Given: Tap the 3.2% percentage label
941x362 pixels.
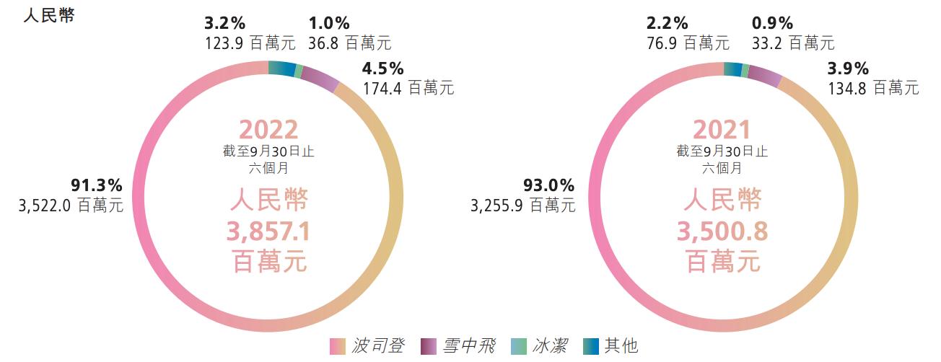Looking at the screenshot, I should [224, 22].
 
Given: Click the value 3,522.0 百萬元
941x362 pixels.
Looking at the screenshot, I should [71, 206].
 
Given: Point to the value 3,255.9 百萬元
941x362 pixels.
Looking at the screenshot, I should [522, 206].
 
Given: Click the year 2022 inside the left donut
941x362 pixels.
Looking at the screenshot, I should [268, 130].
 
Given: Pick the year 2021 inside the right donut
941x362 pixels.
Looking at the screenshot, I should [722, 130].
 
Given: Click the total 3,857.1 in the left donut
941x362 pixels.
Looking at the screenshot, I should [268, 231].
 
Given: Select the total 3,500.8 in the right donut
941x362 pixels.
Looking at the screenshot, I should [722, 231].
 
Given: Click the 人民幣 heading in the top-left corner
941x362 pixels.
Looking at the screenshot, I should [49, 16].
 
